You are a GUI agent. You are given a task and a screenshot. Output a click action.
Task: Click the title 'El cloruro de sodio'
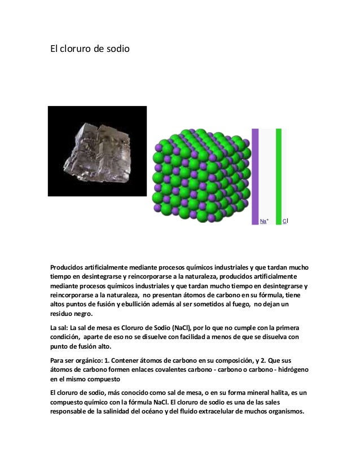(90, 49)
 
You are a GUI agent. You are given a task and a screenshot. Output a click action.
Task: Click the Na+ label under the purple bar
(264, 222)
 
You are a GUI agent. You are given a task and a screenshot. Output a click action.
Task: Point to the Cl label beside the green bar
(285, 221)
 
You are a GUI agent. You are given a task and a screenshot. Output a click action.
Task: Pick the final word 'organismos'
(281, 411)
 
